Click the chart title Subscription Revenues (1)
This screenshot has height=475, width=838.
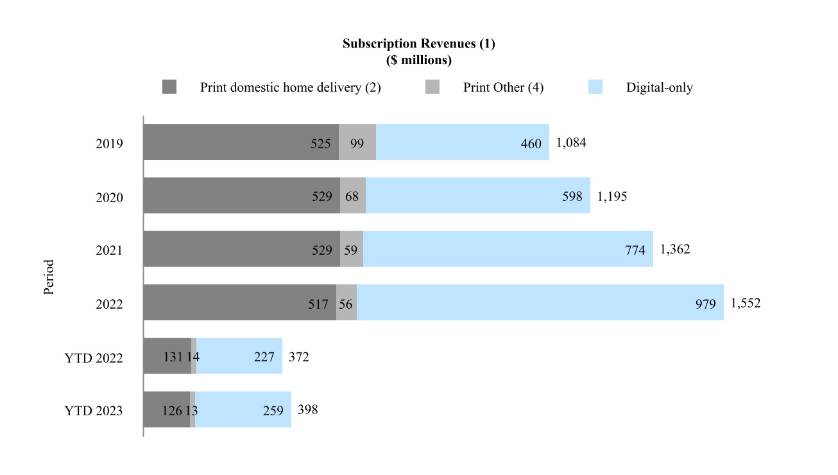[x=418, y=44]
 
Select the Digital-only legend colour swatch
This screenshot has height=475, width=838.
[x=595, y=87]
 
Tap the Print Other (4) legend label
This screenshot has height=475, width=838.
[x=503, y=87]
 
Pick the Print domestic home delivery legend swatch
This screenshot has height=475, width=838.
[x=169, y=87]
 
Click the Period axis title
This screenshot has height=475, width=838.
[x=49, y=277]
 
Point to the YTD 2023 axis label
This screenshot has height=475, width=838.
[x=94, y=411]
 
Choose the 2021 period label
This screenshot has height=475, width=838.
[x=109, y=250]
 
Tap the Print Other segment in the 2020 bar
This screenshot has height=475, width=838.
[x=353, y=196]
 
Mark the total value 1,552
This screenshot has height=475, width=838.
[x=745, y=304]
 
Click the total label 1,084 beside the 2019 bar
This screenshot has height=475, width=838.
[x=571, y=142]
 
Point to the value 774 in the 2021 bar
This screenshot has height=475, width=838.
[x=635, y=250]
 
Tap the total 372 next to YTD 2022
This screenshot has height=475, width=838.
[x=298, y=357]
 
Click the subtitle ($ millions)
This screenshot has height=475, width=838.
[x=418, y=61]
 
